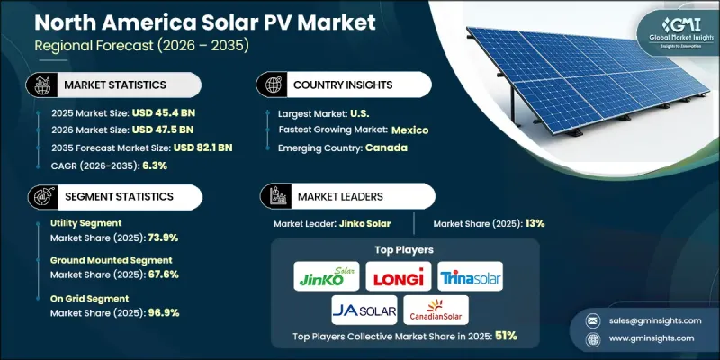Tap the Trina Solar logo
tap(471, 276)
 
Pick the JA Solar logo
tap(363, 309)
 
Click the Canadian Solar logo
tap(436, 309)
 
